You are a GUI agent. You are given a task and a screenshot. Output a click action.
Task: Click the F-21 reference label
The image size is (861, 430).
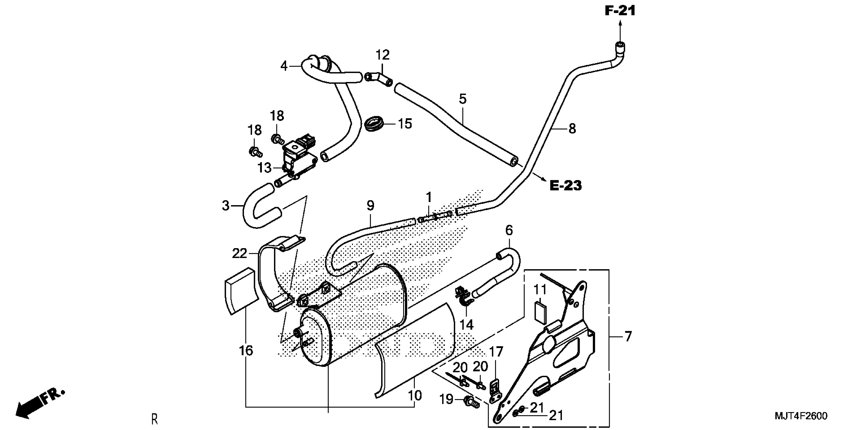pos(620,11)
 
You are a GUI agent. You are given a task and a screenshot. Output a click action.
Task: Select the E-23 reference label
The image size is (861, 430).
pos(565,186)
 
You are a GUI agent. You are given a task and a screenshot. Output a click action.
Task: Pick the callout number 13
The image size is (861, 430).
pos(264,168)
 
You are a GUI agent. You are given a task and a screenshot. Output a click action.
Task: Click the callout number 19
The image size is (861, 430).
pos(446,399)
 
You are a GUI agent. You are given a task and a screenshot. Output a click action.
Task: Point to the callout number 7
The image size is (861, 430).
pos(628,336)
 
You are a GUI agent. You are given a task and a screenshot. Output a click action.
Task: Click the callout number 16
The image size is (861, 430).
pos(246,351)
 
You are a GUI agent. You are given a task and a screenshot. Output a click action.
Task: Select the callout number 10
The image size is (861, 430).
pos(415,396)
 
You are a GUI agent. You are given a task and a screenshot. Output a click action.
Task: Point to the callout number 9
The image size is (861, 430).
pos(370,206)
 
